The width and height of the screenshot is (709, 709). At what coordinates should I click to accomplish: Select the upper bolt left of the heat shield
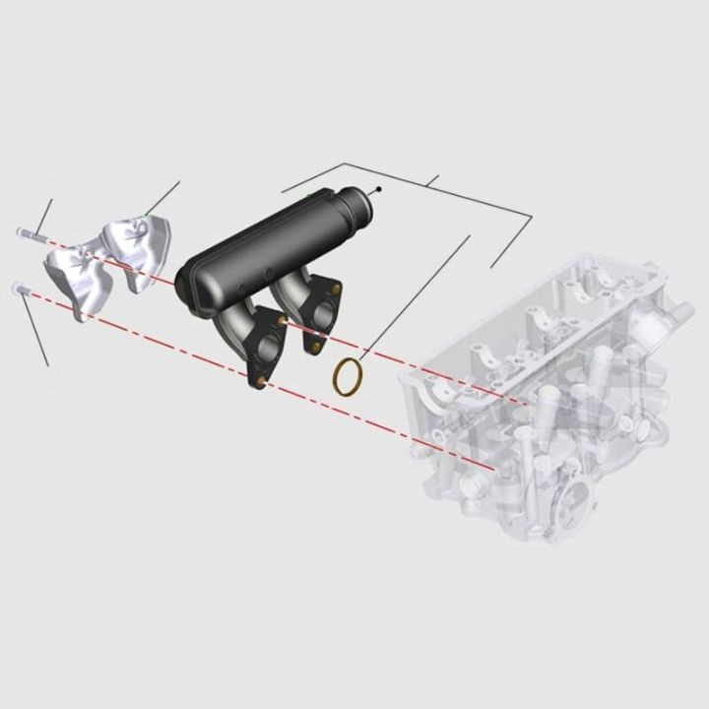pos(29,233)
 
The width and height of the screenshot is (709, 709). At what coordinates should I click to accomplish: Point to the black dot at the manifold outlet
pos(379,188)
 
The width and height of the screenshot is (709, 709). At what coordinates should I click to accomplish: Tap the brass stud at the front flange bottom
pos(259,380)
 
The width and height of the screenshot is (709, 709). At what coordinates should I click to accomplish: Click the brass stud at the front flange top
pos(284,320)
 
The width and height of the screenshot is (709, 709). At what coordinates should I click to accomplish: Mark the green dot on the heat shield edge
pos(146,213)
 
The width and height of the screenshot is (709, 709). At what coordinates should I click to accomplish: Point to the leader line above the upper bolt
pos(45,212)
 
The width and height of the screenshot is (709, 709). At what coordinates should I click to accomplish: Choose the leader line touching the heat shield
pos(163,196)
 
